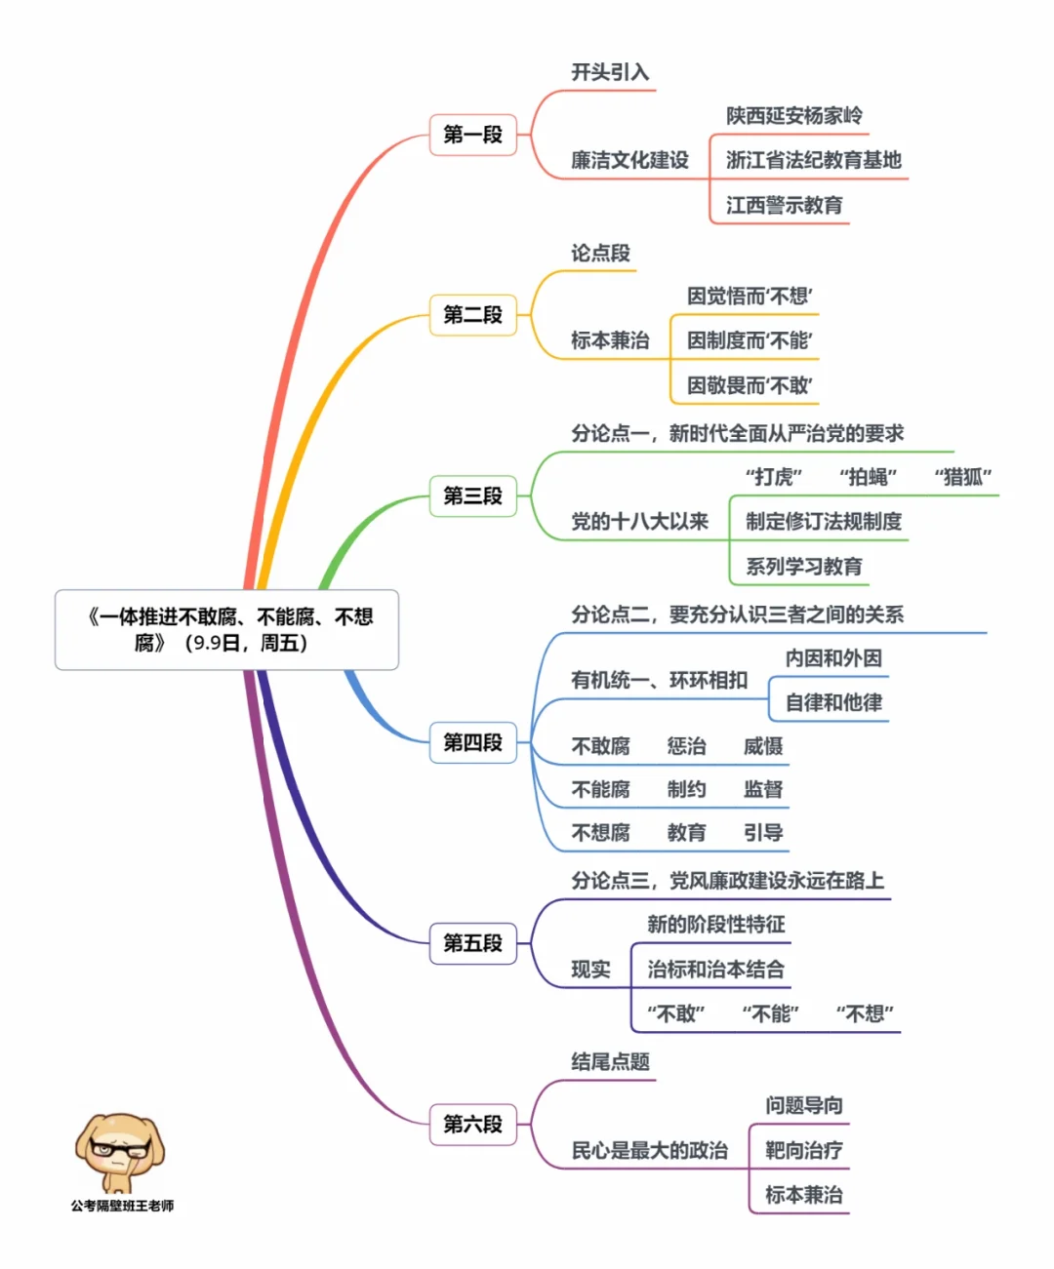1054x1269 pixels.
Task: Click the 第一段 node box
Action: point(472,135)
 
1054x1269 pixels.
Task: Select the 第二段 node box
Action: point(472,315)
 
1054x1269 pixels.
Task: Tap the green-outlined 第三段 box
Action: point(472,496)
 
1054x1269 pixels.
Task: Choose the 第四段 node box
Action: point(472,742)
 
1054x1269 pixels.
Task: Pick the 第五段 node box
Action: point(472,943)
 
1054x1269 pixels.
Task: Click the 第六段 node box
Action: point(472,1125)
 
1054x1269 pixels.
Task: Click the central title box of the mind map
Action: point(226,630)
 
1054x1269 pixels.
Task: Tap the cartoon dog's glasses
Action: point(119,1148)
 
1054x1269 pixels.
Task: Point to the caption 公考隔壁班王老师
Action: point(122,1206)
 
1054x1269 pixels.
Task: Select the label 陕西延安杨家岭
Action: point(793,115)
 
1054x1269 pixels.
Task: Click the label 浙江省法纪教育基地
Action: point(813,160)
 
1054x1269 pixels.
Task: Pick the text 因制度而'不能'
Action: point(750,340)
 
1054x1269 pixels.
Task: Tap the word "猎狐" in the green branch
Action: point(963,477)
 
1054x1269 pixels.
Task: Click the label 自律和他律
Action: point(833,702)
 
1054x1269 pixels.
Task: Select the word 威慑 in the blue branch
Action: point(762,746)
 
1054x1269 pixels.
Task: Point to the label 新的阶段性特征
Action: point(716,925)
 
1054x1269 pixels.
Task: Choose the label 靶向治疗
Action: point(803,1150)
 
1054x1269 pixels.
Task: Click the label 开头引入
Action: point(610,72)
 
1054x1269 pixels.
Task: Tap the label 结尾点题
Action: point(610,1062)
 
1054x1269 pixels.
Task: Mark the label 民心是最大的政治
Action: point(649,1150)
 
